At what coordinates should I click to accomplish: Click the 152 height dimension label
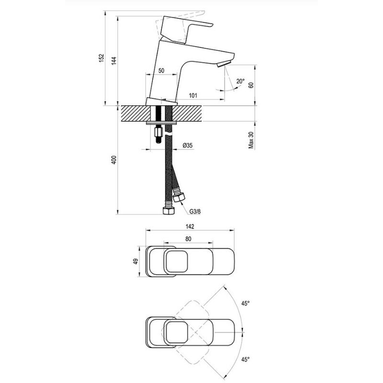pyautogui.click(x=101, y=57)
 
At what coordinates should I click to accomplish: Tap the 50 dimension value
pyautogui.click(x=161, y=70)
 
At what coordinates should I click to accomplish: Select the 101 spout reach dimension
pyautogui.click(x=193, y=96)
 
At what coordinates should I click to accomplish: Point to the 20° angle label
pyautogui.click(x=240, y=81)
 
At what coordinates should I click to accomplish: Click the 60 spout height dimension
pyautogui.click(x=250, y=85)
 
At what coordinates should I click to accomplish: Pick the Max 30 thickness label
pyautogui.click(x=250, y=140)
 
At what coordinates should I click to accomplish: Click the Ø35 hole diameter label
pyautogui.click(x=188, y=145)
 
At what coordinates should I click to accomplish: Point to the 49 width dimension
pyautogui.click(x=136, y=261)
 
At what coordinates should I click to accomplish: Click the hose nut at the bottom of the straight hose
pyautogui.click(x=168, y=211)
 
